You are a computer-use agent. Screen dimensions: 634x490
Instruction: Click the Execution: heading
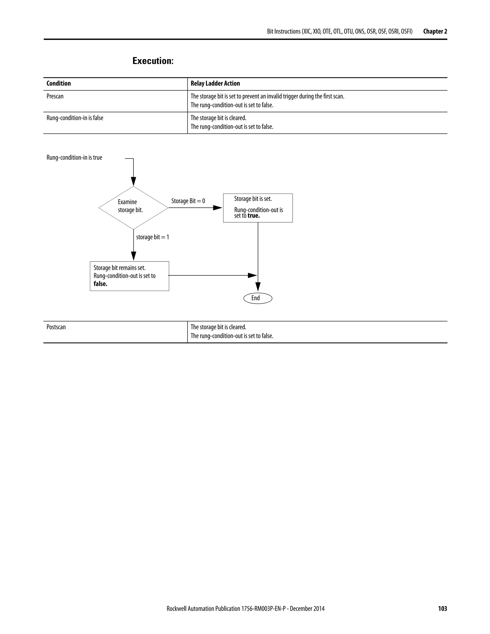point(153,61)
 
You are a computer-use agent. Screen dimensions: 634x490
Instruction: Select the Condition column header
point(59,83)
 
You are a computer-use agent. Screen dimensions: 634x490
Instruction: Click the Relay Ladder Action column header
point(215,83)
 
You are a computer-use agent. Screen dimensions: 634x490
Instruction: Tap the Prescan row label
point(55,96)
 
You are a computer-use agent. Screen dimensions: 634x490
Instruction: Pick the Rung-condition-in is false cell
point(75,118)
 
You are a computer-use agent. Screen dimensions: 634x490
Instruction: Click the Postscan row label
point(56,327)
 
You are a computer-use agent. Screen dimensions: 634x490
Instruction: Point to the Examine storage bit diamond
point(133,208)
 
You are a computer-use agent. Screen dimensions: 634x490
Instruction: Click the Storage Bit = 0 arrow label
point(188,201)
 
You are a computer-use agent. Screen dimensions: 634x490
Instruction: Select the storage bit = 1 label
point(152,237)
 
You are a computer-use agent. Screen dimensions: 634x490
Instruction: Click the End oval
point(258,298)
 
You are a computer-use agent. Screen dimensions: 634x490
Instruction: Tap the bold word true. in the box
point(253,216)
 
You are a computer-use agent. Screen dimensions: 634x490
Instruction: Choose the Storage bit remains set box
point(129,276)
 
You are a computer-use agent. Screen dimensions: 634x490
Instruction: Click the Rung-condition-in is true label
point(74,158)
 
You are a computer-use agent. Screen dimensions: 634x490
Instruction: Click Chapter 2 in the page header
point(435,31)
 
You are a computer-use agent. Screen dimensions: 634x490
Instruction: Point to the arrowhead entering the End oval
point(258,287)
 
